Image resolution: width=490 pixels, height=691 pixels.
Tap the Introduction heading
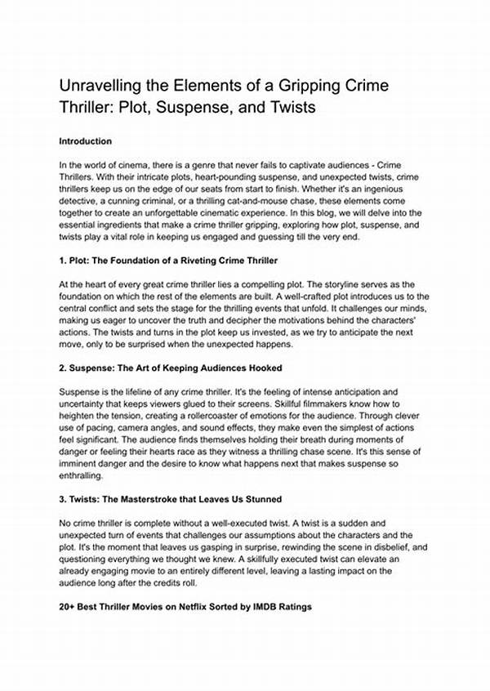coord(85,141)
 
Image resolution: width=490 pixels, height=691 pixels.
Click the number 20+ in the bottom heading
coord(68,608)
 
